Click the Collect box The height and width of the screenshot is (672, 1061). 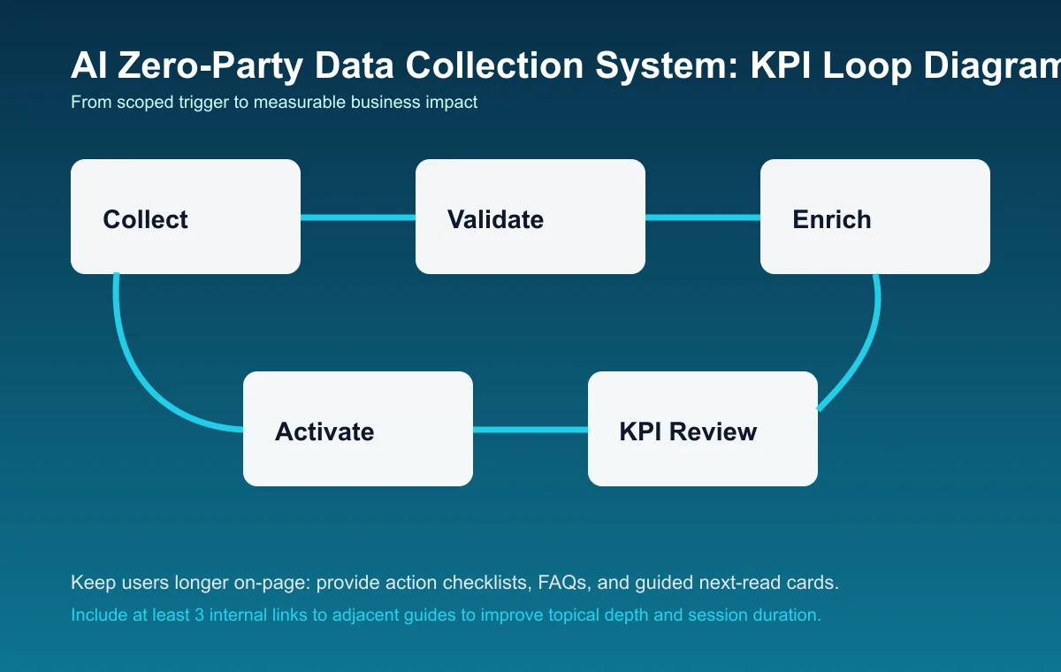[x=186, y=217]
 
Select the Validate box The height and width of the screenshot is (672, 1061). [x=530, y=217]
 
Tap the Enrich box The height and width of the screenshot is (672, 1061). [x=875, y=217]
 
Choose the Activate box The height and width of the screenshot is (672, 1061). [x=358, y=429]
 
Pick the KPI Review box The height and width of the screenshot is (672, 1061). [x=703, y=429]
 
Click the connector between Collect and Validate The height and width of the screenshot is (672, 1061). [x=358, y=218]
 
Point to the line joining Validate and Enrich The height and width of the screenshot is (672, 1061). [x=703, y=218]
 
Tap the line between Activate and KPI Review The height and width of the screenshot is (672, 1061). [x=530, y=430]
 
